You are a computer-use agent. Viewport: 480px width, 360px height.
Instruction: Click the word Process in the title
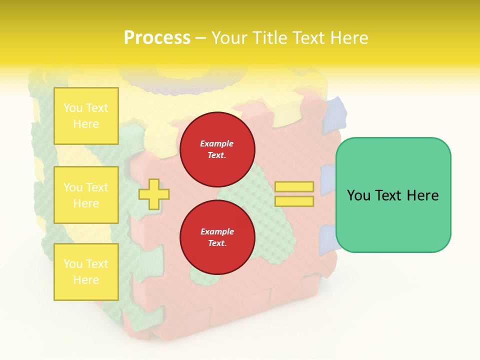(x=157, y=37)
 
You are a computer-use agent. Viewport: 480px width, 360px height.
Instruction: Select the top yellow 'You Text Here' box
(x=86, y=116)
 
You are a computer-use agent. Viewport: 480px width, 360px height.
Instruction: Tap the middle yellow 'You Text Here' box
(x=86, y=195)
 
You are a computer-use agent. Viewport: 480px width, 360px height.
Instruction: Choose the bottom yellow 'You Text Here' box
(x=86, y=272)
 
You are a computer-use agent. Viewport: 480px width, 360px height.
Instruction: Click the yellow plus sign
(x=153, y=194)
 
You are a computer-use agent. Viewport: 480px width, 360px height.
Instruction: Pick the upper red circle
(x=217, y=149)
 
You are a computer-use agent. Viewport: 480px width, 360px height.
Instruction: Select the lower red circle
(x=217, y=237)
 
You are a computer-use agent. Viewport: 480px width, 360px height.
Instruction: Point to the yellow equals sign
(x=294, y=194)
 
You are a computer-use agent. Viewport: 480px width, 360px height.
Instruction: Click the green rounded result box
(x=393, y=195)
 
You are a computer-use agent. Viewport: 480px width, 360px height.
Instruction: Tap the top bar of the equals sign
(x=294, y=187)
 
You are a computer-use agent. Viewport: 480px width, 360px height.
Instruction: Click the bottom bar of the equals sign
(x=294, y=201)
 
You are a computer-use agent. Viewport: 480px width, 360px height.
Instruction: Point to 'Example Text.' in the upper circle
(x=217, y=149)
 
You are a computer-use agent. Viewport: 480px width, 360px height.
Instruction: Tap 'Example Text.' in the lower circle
(x=217, y=237)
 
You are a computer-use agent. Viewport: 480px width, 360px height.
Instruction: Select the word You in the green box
(x=358, y=195)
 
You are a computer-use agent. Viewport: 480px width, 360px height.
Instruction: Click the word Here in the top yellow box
(x=86, y=124)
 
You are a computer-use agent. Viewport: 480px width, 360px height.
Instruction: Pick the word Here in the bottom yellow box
(x=86, y=280)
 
